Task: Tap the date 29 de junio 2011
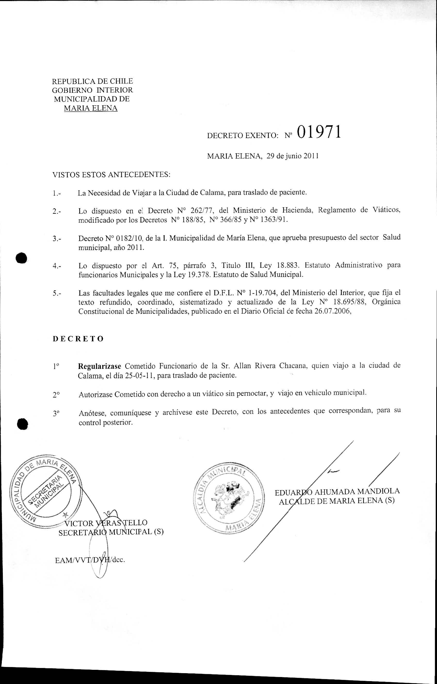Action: coord(292,156)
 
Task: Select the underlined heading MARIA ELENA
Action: coord(91,108)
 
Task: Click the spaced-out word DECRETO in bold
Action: coord(78,339)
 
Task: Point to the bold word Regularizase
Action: coord(100,365)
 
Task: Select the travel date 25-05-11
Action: coord(139,375)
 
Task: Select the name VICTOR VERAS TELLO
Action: coord(106,522)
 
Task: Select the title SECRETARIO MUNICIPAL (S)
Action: coord(111,532)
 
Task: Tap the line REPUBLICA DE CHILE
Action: coord(92,81)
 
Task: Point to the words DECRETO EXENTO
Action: coord(242,136)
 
